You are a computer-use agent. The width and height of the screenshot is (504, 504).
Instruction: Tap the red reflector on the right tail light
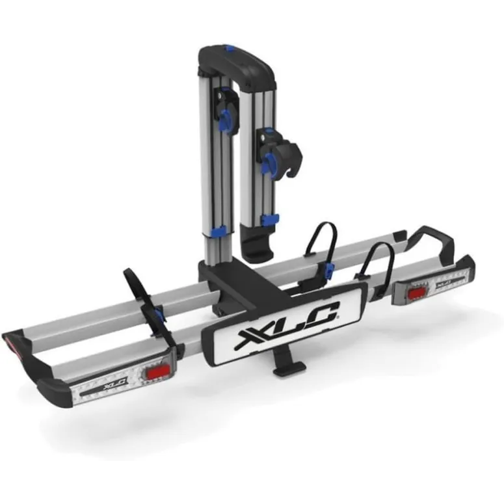[413, 293]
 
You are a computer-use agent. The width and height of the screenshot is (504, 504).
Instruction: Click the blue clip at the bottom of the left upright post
[219, 231]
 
